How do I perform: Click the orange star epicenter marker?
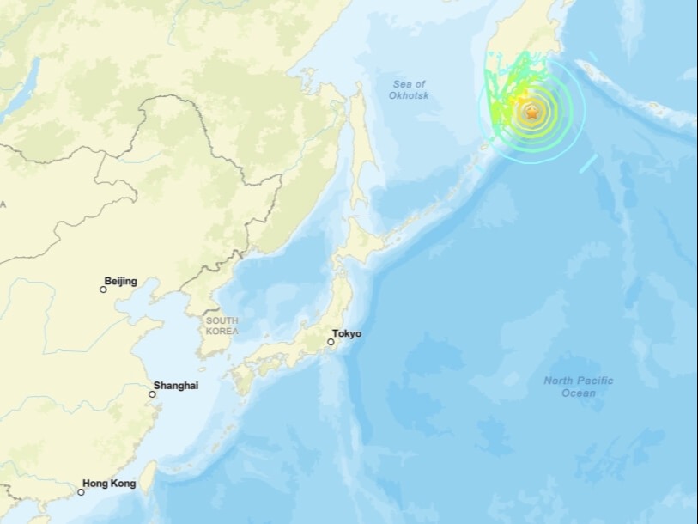point(532,113)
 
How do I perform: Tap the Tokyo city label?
point(347,333)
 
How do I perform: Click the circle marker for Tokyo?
point(330,342)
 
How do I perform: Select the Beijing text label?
point(120,281)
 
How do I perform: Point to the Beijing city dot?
point(103,289)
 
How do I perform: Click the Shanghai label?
point(175,386)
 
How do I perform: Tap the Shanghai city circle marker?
point(152,394)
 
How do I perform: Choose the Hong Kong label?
point(108,484)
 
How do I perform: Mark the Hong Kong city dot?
point(81,492)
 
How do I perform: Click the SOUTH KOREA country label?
point(222,326)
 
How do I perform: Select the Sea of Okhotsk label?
point(410,89)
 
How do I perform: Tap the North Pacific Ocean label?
point(578,387)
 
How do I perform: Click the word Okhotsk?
point(410,95)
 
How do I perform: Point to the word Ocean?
point(578,393)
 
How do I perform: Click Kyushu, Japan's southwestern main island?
point(242,376)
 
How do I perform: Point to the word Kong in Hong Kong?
point(122,484)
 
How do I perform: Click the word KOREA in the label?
point(222,331)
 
